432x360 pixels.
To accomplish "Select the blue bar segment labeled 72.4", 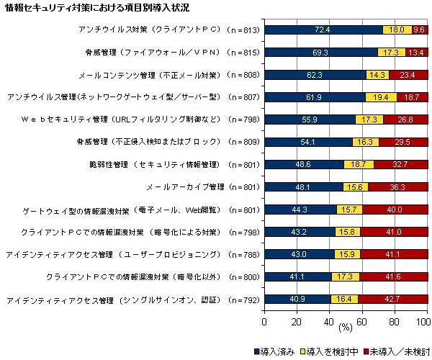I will coord(323,30).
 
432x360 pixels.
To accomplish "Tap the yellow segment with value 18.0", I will coord(397,30).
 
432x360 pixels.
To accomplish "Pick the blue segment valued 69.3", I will coord(320,53).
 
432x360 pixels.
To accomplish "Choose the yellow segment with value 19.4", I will coord(382,97).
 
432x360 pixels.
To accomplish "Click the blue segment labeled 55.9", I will coord(310,120).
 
